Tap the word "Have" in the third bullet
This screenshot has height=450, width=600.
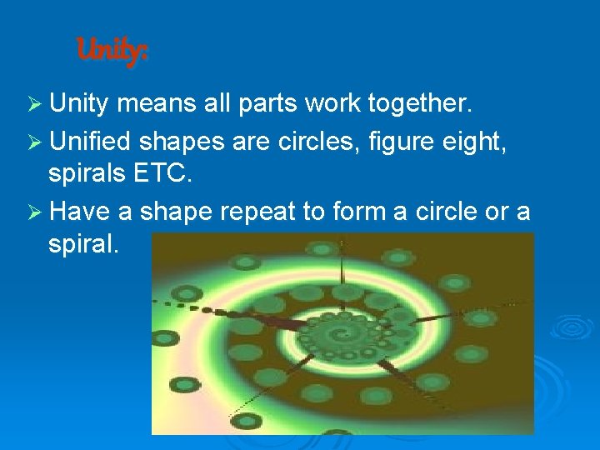coord(79,212)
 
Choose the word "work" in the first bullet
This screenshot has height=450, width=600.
coord(331,103)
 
